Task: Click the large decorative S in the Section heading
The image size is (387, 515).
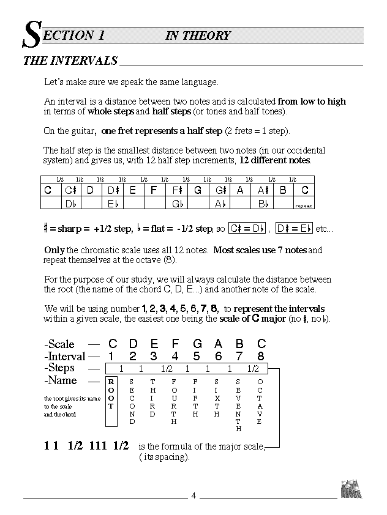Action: [x=32, y=36]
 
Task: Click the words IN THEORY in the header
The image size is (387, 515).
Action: [x=198, y=35]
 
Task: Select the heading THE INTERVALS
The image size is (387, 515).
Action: [x=70, y=61]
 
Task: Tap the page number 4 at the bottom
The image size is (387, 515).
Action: [x=193, y=495]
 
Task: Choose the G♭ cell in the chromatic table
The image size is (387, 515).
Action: [x=178, y=204]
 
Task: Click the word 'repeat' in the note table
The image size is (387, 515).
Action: [x=304, y=206]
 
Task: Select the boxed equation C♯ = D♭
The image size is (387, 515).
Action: [x=246, y=229]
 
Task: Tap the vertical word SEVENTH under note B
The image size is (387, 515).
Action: [x=239, y=405]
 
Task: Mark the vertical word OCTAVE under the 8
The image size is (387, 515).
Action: [x=260, y=401]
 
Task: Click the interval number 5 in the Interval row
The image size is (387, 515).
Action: [x=197, y=356]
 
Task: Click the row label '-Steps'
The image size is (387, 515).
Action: [x=59, y=368]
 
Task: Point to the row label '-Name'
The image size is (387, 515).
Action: [x=61, y=380]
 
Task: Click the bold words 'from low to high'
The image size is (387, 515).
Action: [x=312, y=102]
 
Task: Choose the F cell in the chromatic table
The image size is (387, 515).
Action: [x=154, y=190]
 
